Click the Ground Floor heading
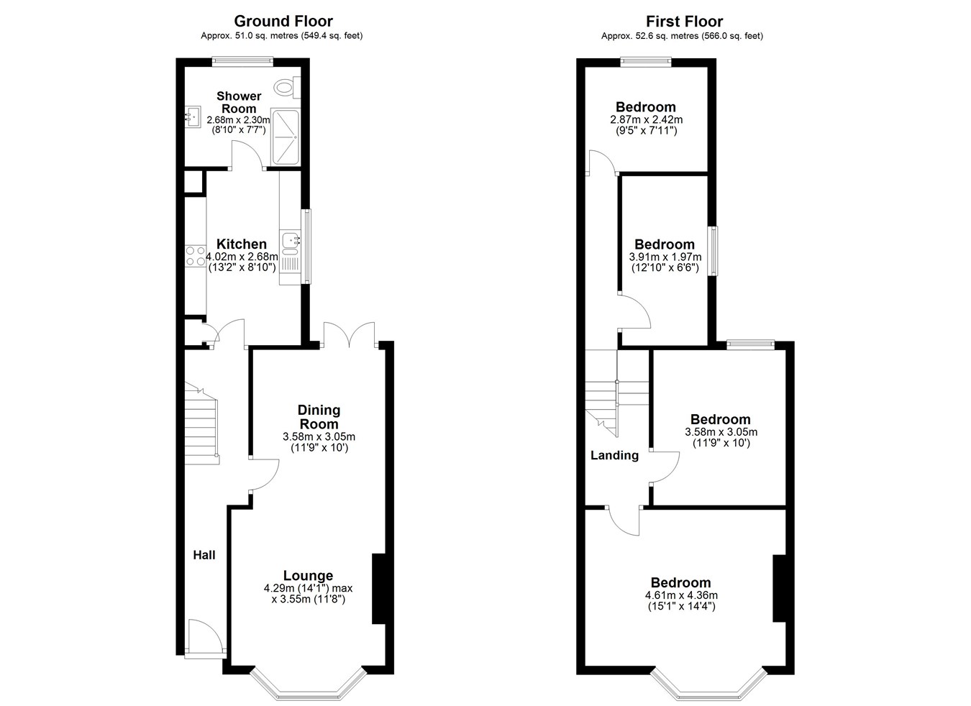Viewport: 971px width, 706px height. tap(283, 22)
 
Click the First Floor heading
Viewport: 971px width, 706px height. tap(685, 22)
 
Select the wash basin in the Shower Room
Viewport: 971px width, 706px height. tap(193, 117)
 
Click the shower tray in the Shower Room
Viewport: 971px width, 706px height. tap(285, 137)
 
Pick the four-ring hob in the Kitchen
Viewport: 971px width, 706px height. tap(195, 256)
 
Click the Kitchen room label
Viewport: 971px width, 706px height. tap(242, 244)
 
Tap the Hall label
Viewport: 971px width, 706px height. tap(204, 555)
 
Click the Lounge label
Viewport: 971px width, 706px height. tap(309, 576)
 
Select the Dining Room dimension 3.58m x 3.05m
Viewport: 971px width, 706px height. tap(319, 437)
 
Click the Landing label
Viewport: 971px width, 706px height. tap(615, 456)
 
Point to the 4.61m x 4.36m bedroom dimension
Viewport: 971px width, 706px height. tap(681, 595)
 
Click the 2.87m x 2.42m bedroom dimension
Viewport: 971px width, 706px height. tap(646, 119)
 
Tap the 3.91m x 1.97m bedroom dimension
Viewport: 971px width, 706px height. tap(665, 257)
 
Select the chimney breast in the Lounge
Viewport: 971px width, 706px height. tap(379, 589)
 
